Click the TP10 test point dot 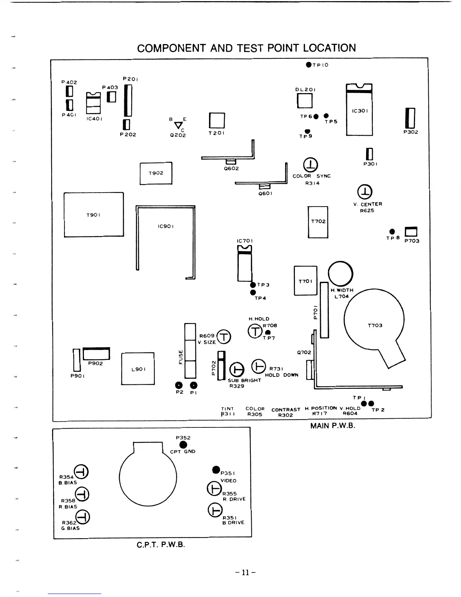pos(309,65)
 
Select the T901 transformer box pos(94,214)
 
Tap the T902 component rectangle pos(156,173)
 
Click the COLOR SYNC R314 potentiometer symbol pos(310,164)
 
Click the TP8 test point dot pos(392,231)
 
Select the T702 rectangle pos(318,222)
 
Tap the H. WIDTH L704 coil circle pos(340,273)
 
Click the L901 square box pos(138,369)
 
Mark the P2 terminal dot pos(179,385)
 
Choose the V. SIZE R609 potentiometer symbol pos(224,337)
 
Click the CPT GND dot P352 pos(183,445)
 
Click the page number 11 pos(246,573)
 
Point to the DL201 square pos(305,101)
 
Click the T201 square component pos(217,121)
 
